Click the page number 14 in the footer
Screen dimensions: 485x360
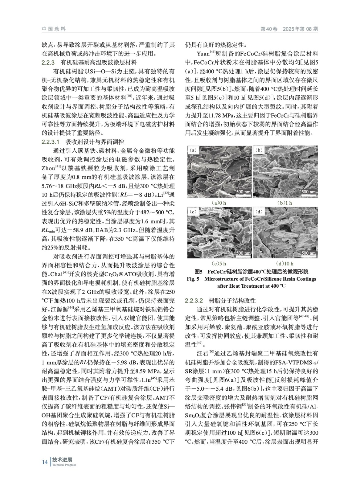click(45, 462)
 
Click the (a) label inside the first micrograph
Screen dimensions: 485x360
click(193, 150)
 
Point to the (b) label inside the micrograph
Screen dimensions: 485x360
click(259, 150)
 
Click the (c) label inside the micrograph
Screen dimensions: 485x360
click(193, 212)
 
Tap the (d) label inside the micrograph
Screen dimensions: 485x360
click(259, 212)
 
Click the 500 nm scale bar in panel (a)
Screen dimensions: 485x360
click(243, 192)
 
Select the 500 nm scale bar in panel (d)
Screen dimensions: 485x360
click(309, 253)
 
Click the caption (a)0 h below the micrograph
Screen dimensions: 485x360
click(219, 203)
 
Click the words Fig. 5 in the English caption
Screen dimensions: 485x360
click(193, 279)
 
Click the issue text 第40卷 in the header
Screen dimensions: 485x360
click(269, 29)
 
